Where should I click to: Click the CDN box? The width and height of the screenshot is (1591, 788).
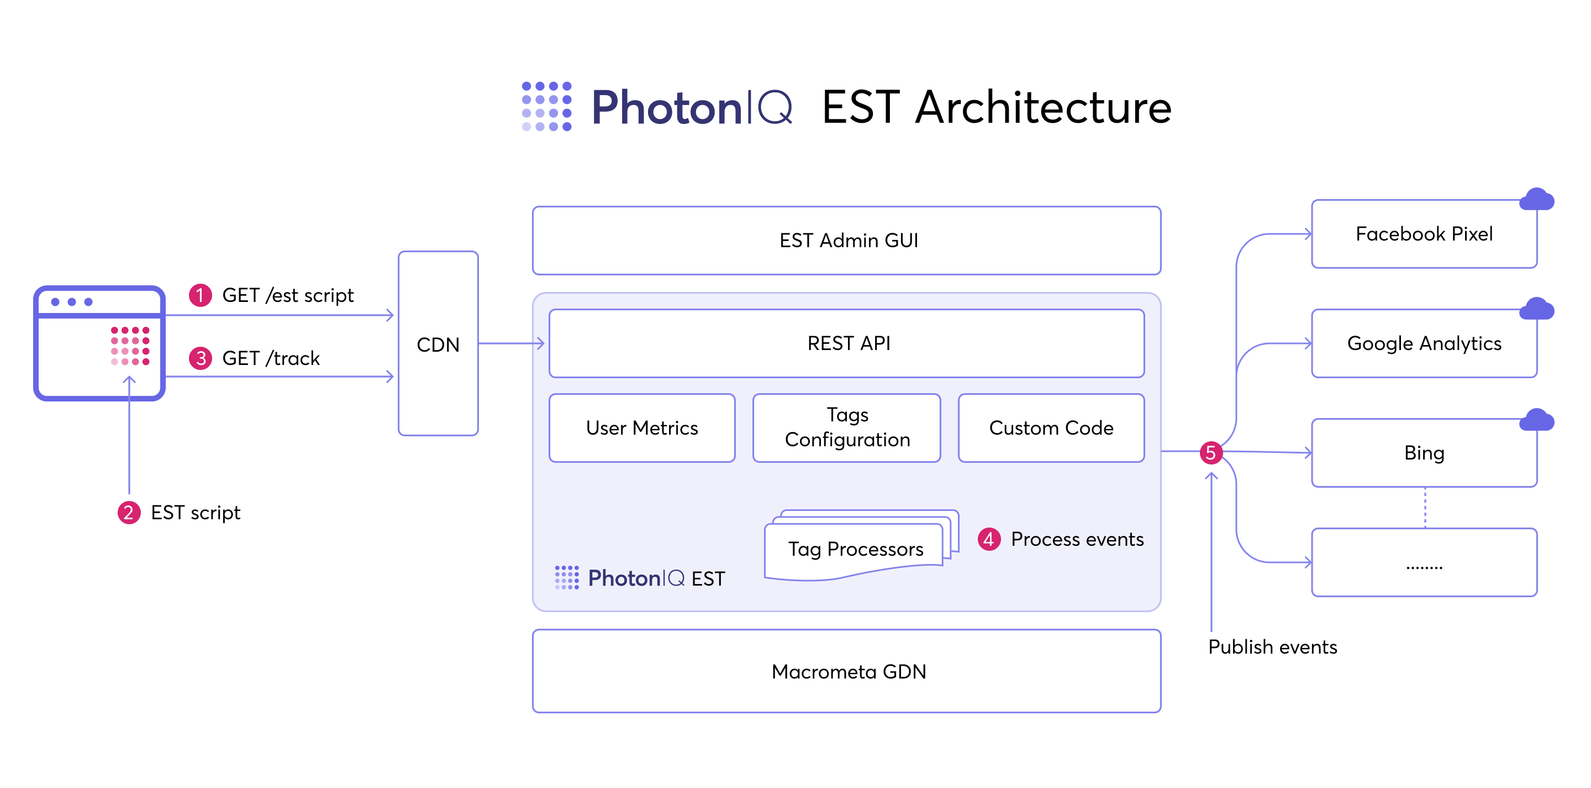pos(438,343)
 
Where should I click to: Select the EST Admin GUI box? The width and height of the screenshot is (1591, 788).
pos(846,241)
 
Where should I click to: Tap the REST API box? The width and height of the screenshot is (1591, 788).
pos(846,343)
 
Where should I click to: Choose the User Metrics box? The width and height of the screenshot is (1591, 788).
pos(642,427)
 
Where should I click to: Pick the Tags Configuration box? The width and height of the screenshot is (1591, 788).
pos(846,427)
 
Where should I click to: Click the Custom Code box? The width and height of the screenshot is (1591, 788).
pos(1051,427)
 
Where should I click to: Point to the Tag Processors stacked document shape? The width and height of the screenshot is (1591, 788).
pos(855,548)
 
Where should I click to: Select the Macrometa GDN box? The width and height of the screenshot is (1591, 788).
pos(846,671)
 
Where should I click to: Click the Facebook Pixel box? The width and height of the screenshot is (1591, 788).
pos(1424,233)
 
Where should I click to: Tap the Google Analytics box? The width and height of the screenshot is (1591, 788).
pos(1424,343)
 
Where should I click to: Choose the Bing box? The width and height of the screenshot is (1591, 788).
pos(1424,452)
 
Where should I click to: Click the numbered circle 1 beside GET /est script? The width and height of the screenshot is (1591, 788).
pos(200,295)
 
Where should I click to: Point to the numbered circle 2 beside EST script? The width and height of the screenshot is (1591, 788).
pos(129,513)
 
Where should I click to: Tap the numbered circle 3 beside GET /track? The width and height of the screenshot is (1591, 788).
pos(200,358)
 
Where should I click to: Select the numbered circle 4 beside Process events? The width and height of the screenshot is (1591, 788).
pos(989,539)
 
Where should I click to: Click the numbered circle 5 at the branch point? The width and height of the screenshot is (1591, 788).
pos(1210,452)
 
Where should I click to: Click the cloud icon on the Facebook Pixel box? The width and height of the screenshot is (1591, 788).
pos(1537,199)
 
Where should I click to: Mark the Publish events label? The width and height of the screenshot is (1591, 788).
pos(1272,646)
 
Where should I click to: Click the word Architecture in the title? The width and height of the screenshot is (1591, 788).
pos(1042,107)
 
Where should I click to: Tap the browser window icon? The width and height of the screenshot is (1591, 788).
pos(99,343)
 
